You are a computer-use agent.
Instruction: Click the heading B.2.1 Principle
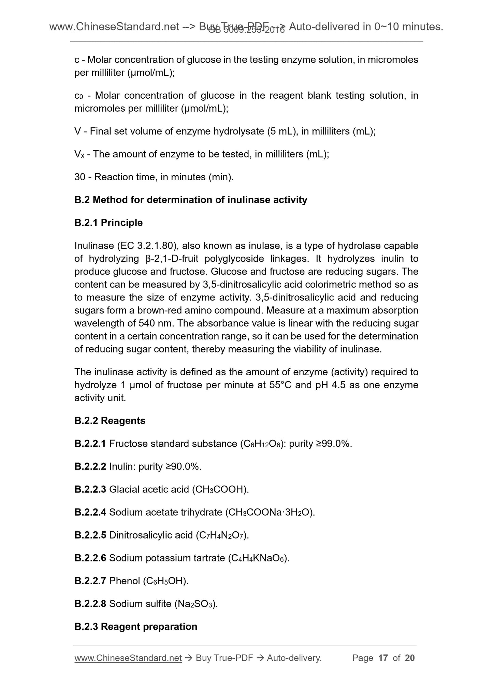coord(108,223)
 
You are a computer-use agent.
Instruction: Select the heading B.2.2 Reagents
coord(110,421)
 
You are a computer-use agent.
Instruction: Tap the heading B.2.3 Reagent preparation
coord(136,627)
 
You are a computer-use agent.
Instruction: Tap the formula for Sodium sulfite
coord(195,604)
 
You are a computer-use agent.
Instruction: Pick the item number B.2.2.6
coord(90,558)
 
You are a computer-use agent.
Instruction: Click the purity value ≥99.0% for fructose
coord(335,444)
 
